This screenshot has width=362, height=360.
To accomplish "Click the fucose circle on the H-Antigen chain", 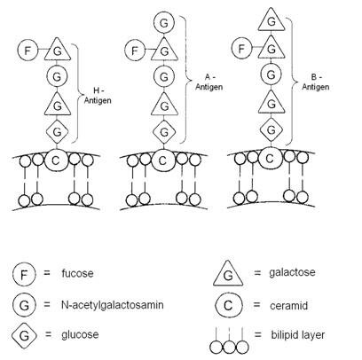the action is [x=28, y=51].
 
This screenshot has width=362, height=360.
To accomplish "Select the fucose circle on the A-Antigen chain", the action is [x=135, y=51].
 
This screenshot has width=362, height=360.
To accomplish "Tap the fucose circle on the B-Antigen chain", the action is [x=241, y=48].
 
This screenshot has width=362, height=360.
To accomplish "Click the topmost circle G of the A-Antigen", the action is [x=163, y=23].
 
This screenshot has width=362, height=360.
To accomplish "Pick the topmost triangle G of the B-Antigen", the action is [x=271, y=20].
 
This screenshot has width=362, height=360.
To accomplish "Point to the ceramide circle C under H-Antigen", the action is [x=56, y=160].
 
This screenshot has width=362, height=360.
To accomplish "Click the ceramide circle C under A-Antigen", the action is [x=162, y=160].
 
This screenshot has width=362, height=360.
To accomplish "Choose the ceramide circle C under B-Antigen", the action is [x=270, y=159].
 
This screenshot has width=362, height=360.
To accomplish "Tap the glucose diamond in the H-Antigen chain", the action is [x=57, y=131].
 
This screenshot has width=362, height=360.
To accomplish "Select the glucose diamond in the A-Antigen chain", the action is [x=164, y=132].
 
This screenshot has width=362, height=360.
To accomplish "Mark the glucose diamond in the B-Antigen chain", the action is [x=271, y=129].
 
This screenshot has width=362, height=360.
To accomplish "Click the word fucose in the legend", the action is [x=77, y=273].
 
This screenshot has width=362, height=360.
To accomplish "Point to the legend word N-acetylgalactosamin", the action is [x=113, y=305].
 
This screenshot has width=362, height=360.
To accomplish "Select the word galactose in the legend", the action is [x=292, y=272].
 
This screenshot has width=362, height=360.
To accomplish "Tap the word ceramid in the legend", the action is [x=288, y=306].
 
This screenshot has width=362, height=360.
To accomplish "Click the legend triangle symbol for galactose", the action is [x=228, y=274].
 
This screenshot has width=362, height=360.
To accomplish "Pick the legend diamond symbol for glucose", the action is [x=24, y=335].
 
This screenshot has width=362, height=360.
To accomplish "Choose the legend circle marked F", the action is [x=24, y=274].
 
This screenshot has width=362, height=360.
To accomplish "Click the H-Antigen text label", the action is [x=98, y=96].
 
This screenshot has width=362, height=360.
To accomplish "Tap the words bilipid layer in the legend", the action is [x=298, y=335].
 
